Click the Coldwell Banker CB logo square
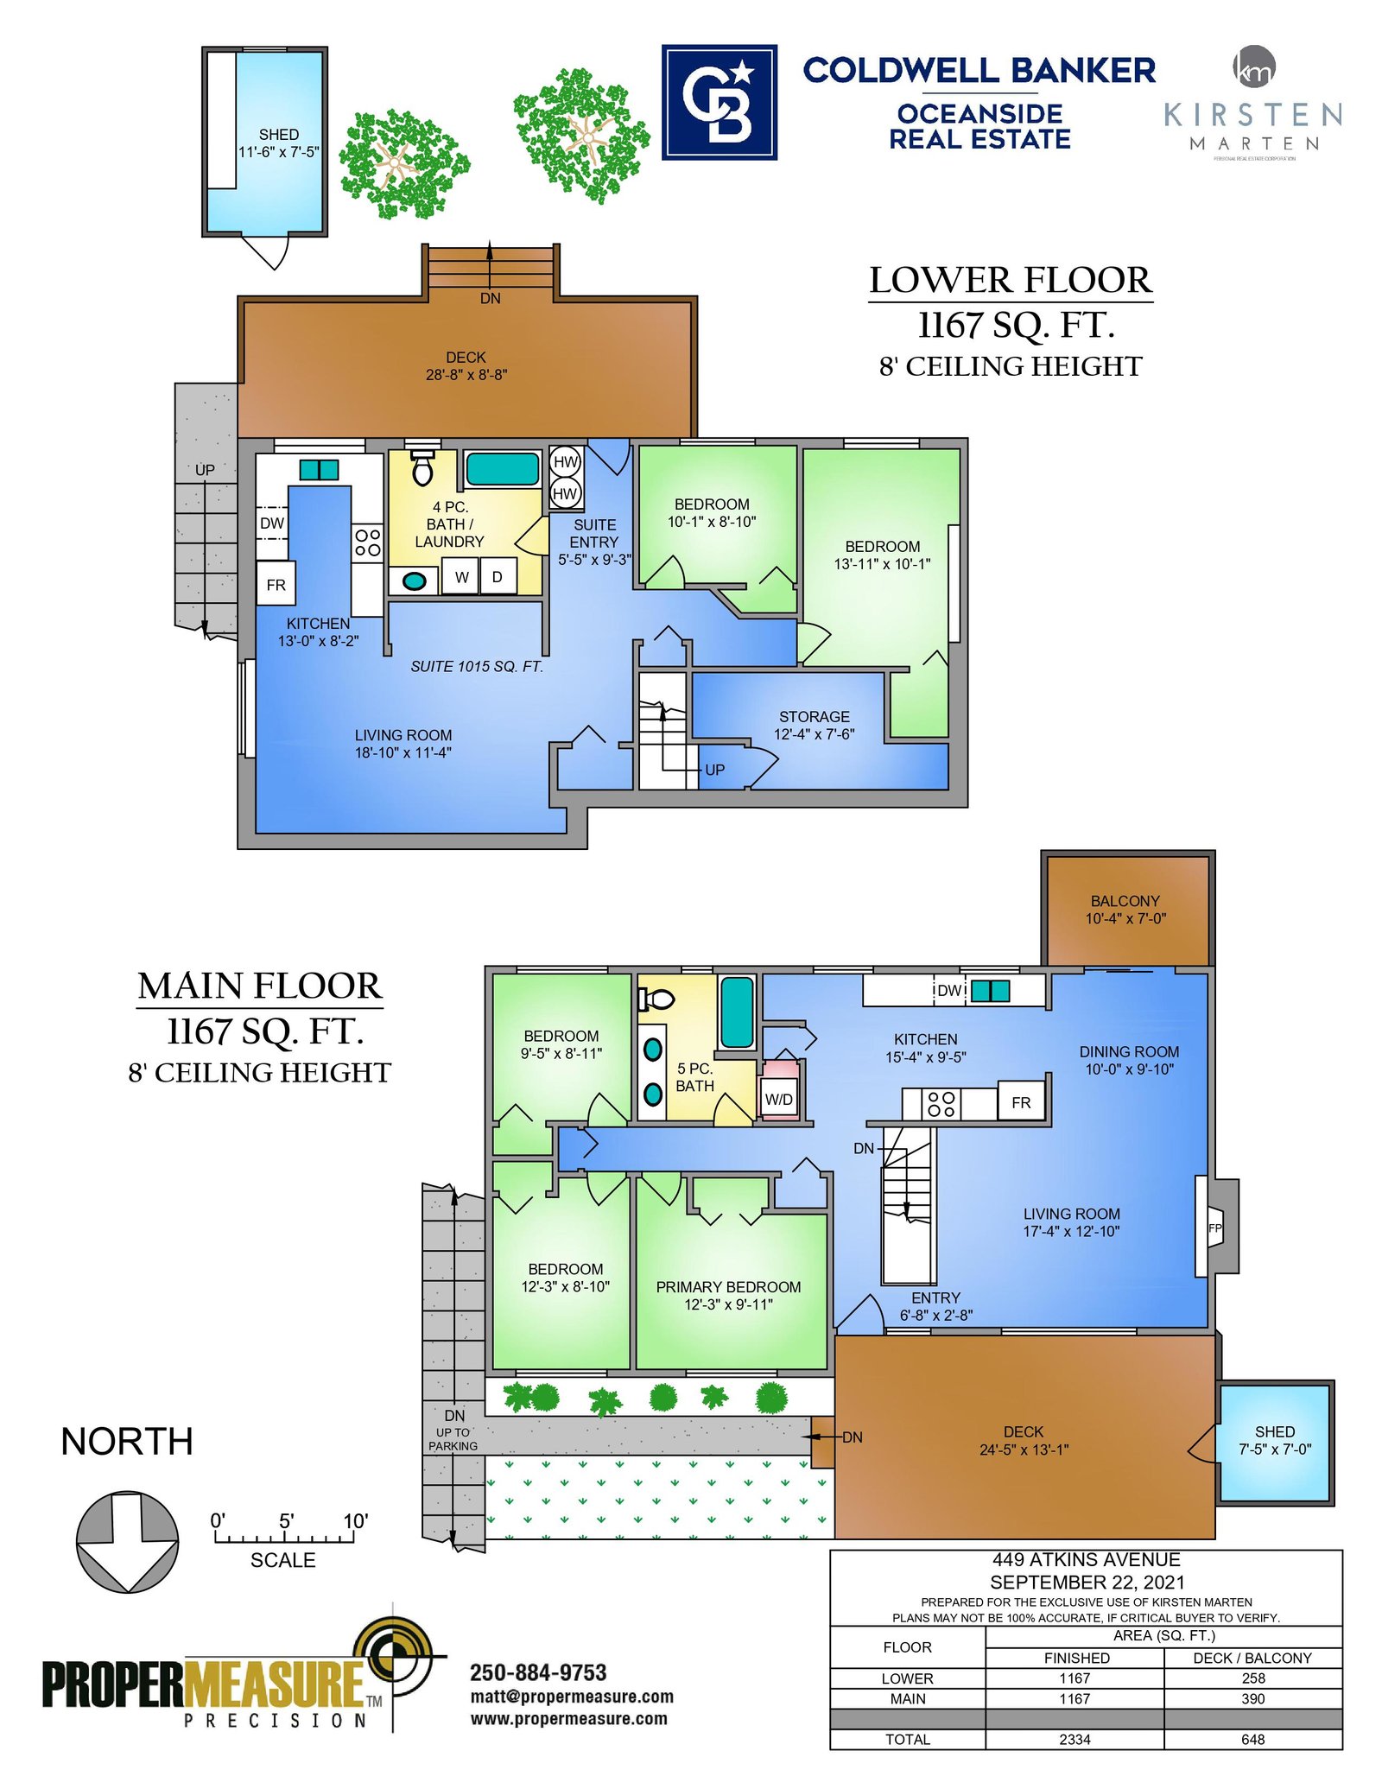pyautogui.click(x=719, y=102)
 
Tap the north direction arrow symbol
pyautogui.click(x=128, y=1541)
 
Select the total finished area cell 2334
pyautogui.click(x=1075, y=1740)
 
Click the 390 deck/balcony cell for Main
pyautogui.click(x=1252, y=1699)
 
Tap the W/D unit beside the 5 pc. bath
pyautogui.click(x=779, y=1099)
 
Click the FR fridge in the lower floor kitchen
pyautogui.click(x=276, y=584)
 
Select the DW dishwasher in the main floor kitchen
pyautogui.click(x=949, y=991)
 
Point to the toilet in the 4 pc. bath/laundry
pyautogui.click(x=422, y=467)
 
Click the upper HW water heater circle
pyautogui.click(x=565, y=461)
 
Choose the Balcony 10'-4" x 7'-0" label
pyautogui.click(x=1125, y=910)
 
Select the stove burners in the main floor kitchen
pyautogui.click(x=941, y=1104)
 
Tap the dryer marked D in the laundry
pyautogui.click(x=498, y=576)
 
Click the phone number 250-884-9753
pyautogui.click(x=538, y=1673)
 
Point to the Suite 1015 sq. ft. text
pyautogui.click(x=477, y=666)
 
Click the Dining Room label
pyautogui.click(x=1129, y=1051)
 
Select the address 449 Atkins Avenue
pyautogui.click(x=1087, y=1560)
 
